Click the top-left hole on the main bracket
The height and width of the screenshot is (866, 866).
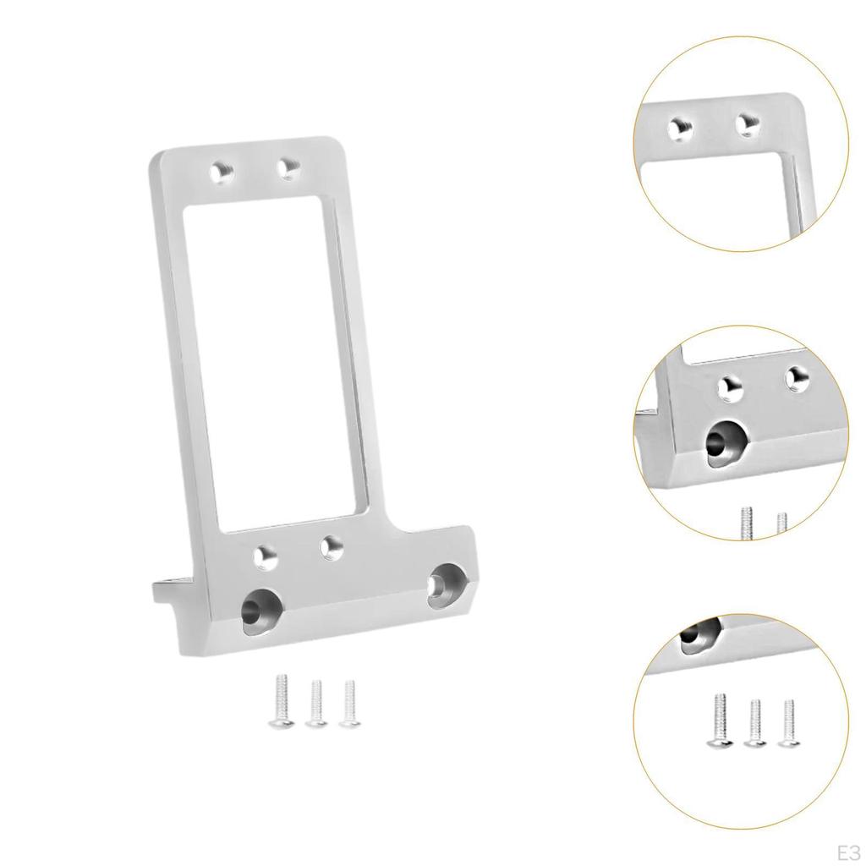pos(222,173)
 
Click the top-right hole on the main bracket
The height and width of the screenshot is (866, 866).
pos(289,167)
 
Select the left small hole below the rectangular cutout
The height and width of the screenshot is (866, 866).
pos(266,556)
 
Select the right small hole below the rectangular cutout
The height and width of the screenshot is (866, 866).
pos(330,546)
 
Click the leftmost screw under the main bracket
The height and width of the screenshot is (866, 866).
pos(280,701)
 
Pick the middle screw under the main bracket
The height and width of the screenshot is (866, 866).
pos(315,703)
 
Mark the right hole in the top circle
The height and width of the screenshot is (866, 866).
pos(746,124)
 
